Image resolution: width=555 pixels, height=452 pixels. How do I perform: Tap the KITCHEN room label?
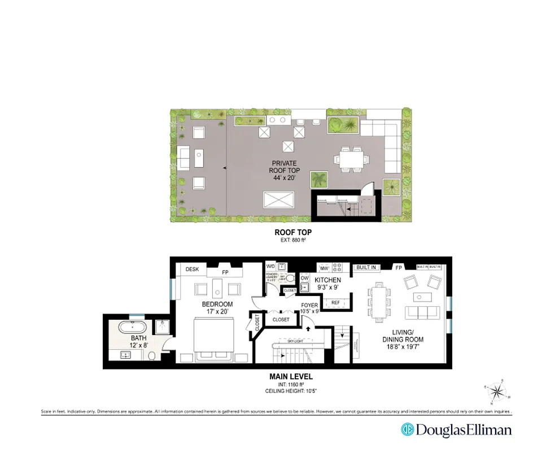(327, 280)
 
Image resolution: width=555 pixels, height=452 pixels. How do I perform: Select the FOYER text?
(309, 306)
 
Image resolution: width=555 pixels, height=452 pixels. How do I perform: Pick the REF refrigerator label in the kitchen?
(335, 303)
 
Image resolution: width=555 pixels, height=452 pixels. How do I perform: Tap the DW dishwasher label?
(304, 278)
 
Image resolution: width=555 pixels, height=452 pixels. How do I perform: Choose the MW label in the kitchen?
(324, 267)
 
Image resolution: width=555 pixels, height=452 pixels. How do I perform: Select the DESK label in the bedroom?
(192, 270)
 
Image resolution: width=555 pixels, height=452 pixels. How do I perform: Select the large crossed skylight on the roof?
(279, 200)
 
